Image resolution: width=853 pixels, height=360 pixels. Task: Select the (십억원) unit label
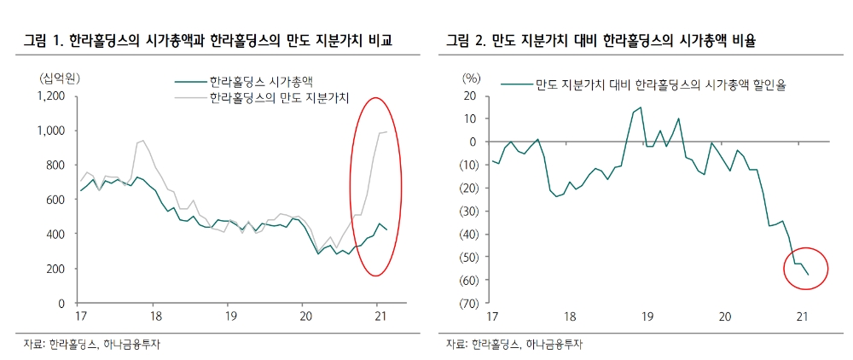[59, 78]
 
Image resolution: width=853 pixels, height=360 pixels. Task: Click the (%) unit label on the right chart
[471, 78]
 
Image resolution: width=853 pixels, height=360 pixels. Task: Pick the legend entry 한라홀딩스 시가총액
[259, 83]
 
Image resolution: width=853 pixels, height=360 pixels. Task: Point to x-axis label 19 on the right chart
[647, 316]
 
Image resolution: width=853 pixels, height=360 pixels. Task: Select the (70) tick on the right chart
[471, 303]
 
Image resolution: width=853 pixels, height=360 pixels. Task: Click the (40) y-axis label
[471, 234]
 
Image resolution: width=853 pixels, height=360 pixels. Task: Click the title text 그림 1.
[44, 41]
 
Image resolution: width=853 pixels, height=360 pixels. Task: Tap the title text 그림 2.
[468, 41]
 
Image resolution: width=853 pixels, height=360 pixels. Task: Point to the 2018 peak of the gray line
[142, 141]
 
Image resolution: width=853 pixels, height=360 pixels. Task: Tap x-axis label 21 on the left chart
[376, 316]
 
